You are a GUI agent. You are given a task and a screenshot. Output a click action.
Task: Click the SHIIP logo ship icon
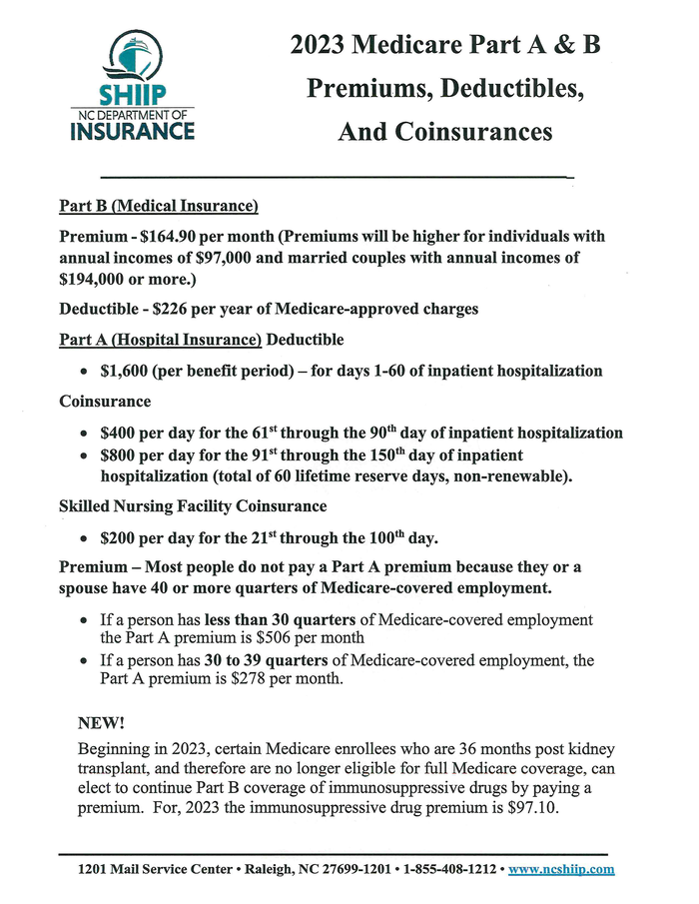point(132,55)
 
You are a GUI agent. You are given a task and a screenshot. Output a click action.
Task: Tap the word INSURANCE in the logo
point(133,130)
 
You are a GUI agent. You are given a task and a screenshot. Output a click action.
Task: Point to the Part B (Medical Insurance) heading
point(159,207)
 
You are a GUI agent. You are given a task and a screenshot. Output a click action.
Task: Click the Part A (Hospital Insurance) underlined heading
point(161,340)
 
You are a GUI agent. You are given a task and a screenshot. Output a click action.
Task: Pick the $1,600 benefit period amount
point(126,371)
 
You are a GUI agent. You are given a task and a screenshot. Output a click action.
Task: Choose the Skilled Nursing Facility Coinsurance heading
point(193,506)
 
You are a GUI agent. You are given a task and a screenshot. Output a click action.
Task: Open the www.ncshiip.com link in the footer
point(561,870)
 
